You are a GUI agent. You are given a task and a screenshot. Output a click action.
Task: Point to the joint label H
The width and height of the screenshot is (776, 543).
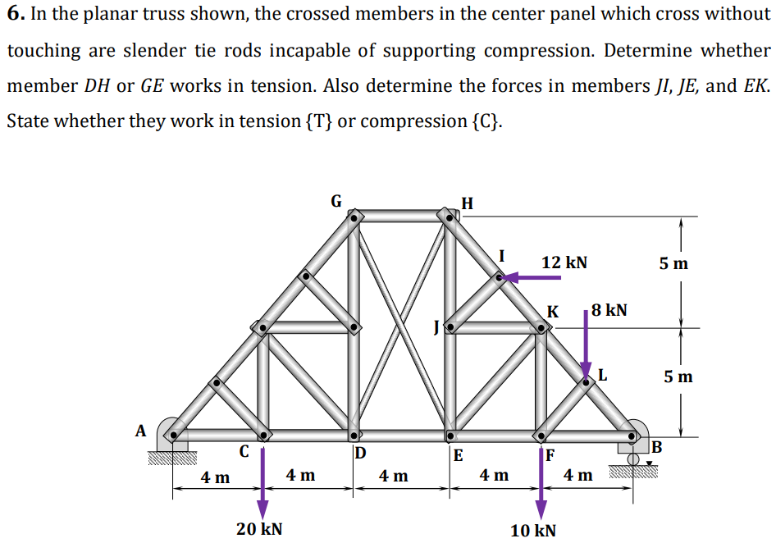[467, 203]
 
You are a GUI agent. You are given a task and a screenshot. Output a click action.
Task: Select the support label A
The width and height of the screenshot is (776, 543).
[140, 430]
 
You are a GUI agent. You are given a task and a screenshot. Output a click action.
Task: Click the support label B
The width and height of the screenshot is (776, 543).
[656, 447]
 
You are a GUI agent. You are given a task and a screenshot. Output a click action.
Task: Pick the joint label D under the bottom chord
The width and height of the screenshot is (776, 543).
[360, 453]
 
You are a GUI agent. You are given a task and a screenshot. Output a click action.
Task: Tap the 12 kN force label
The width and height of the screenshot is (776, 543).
[564, 262]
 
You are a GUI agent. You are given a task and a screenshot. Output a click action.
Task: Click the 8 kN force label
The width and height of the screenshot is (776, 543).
[609, 310]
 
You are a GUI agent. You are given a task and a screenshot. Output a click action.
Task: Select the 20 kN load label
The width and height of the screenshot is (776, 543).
[259, 528]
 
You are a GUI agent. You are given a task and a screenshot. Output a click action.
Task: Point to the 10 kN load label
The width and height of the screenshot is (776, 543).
[532, 530]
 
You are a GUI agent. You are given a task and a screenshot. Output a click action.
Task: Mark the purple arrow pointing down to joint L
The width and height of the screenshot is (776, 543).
[585, 345]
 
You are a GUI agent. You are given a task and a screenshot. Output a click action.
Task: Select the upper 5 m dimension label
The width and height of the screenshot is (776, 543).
[674, 263]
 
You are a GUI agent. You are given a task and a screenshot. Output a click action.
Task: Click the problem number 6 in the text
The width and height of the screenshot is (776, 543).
[14, 15]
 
